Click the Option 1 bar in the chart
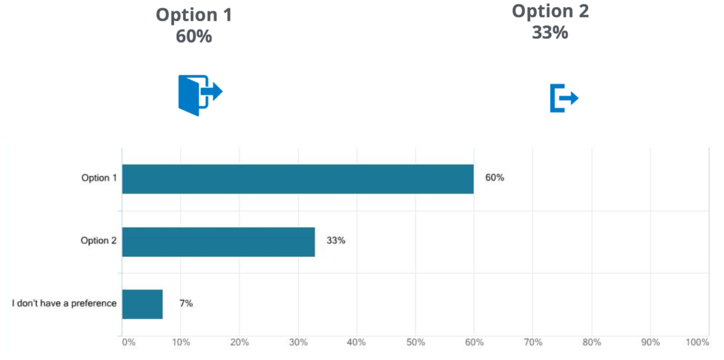tap(298, 179)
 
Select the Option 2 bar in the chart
tap(218, 241)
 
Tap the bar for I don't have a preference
tap(142, 304)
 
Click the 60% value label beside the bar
tap(494, 178)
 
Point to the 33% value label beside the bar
tap(336, 240)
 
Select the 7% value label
tap(186, 303)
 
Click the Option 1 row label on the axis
tap(99, 178)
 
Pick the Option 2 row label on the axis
tap(99, 240)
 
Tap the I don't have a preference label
tap(64, 303)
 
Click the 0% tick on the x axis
tap(129, 342)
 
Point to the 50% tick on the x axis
tap(415, 342)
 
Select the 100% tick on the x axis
tap(697, 342)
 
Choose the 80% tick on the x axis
tap(591, 342)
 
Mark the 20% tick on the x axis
tap(239, 342)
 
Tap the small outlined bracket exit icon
tap(564, 98)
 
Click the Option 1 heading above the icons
tap(194, 15)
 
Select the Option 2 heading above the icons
tap(550, 11)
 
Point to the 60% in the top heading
tap(194, 36)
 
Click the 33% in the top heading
tap(550, 32)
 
